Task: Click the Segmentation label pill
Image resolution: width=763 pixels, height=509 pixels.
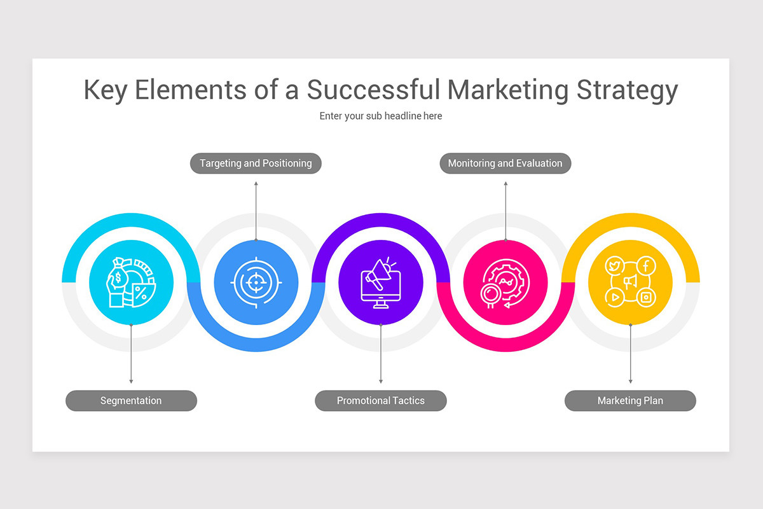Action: [x=131, y=401]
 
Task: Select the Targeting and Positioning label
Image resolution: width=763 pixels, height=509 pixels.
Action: [x=256, y=164]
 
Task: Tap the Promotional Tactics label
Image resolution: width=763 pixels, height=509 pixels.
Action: [x=381, y=401]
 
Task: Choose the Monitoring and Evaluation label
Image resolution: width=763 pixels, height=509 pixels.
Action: [x=505, y=164]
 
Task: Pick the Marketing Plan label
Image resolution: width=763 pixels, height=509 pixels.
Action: [x=630, y=401]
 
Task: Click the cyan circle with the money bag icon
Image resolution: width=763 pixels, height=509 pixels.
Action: [x=131, y=282]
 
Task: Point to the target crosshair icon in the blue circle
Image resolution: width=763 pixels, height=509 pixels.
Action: [x=256, y=282]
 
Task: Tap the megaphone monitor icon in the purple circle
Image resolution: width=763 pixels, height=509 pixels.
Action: [x=381, y=282]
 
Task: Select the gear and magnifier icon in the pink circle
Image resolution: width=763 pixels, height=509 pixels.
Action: [x=505, y=282]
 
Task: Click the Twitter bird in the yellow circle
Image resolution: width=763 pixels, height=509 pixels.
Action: [x=615, y=265]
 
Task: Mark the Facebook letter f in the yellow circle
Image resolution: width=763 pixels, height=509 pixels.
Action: [x=646, y=265]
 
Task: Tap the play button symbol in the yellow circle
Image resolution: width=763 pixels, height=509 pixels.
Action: [x=615, y=297]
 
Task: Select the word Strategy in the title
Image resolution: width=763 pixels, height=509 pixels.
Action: [x=628, y=90]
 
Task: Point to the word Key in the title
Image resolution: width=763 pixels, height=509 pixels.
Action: [x=106, y=90]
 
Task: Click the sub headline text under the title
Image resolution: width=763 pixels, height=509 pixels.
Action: [x=381, y=116]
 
